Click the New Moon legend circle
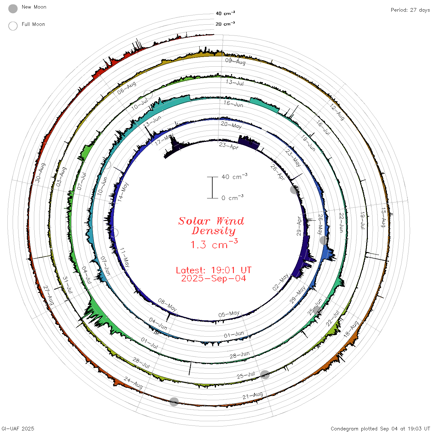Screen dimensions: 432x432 (x=13, y=9)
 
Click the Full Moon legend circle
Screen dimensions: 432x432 (x=13, y=26)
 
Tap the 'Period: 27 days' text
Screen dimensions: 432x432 (x=410, y=10)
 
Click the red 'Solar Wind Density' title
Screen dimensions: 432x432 (x=211, y=226)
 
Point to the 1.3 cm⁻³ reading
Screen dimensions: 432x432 (x=214, y=244)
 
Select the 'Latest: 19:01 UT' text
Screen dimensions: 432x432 (x=214, y=270)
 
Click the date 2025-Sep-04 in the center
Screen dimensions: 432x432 (x=214, y=278)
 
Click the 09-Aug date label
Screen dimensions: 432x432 (x=235, y=61)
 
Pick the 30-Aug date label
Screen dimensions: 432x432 (x=40, y=172)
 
